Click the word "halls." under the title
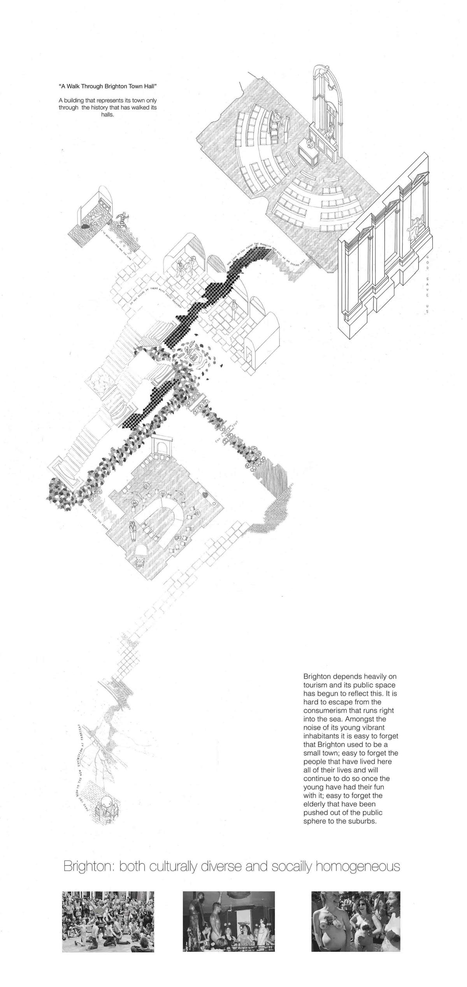pos(107,115)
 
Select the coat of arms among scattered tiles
pos(193,354)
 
